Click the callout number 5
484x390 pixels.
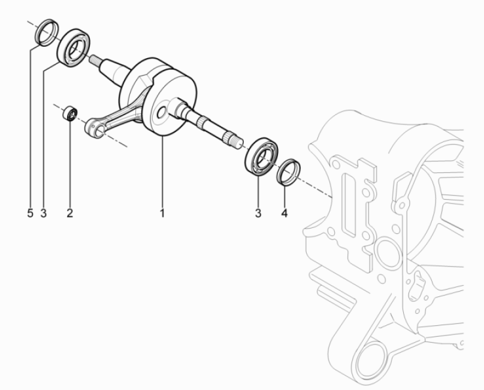pos(30,213)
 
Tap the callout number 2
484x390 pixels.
pos(69,213)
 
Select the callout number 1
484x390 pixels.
pos(162,213)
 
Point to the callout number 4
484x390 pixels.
pos(285,213)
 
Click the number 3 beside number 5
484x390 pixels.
pos(43,213)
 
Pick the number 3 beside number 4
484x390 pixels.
pos(258,213)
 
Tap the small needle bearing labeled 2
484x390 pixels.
pos(70,113)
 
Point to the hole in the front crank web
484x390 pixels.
pos(161,113)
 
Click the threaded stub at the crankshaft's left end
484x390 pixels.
pos(95,59)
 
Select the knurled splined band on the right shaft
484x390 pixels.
pos(202,121)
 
